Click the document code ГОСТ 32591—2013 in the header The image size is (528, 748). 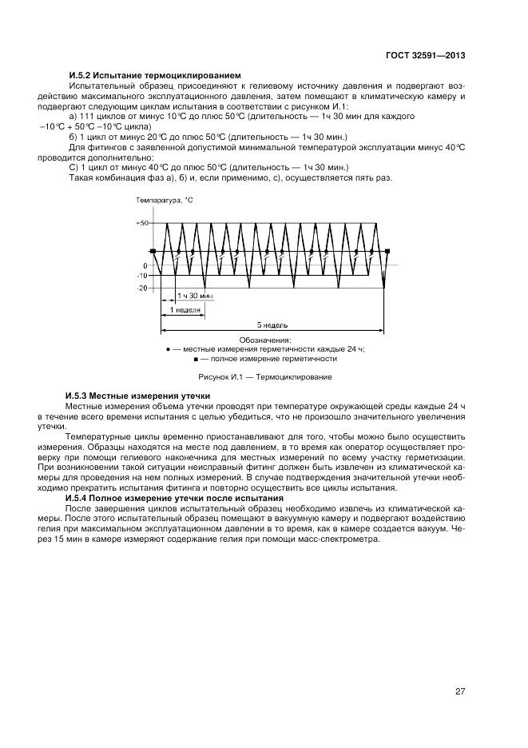point(427,56)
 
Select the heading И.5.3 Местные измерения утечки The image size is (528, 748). point(137,396)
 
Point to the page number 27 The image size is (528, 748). point(460,691)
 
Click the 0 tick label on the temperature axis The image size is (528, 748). point(145,265)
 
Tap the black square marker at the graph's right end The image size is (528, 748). point(387,252)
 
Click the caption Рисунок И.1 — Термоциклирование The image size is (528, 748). point(264,376)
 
